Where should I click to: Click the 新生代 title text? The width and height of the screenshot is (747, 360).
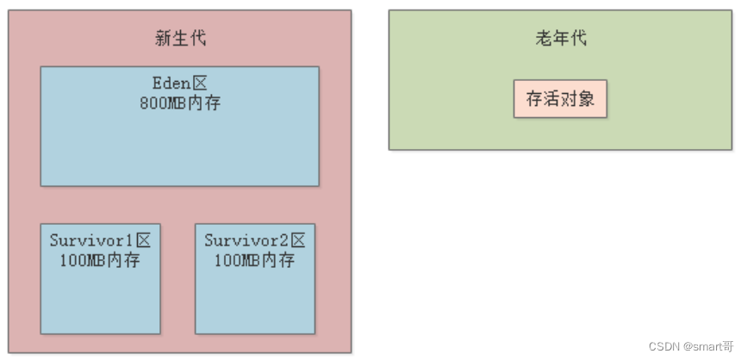tap(180, 38)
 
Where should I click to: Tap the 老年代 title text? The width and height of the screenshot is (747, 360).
tap(561, 38)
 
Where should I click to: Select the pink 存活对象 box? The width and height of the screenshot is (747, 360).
tap(560, 99)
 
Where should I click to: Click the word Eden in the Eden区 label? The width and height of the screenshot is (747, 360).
tap(171, 84)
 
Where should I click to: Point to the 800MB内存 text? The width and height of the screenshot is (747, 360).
tap(179, 102)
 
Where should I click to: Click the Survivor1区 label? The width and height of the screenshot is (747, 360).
tap(100, 240)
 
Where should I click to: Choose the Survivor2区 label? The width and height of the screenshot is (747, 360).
tap(255, 240)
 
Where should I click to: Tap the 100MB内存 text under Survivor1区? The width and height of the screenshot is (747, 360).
tap(100, 260)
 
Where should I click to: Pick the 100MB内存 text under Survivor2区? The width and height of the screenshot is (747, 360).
tap(255, 260)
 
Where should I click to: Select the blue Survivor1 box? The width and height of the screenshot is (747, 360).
tap(100, 301)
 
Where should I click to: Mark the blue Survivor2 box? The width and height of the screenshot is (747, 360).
tap(255, 301)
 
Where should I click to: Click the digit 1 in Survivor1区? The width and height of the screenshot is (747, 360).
tap(130, 240)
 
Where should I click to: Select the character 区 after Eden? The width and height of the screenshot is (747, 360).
tap(200, 84)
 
